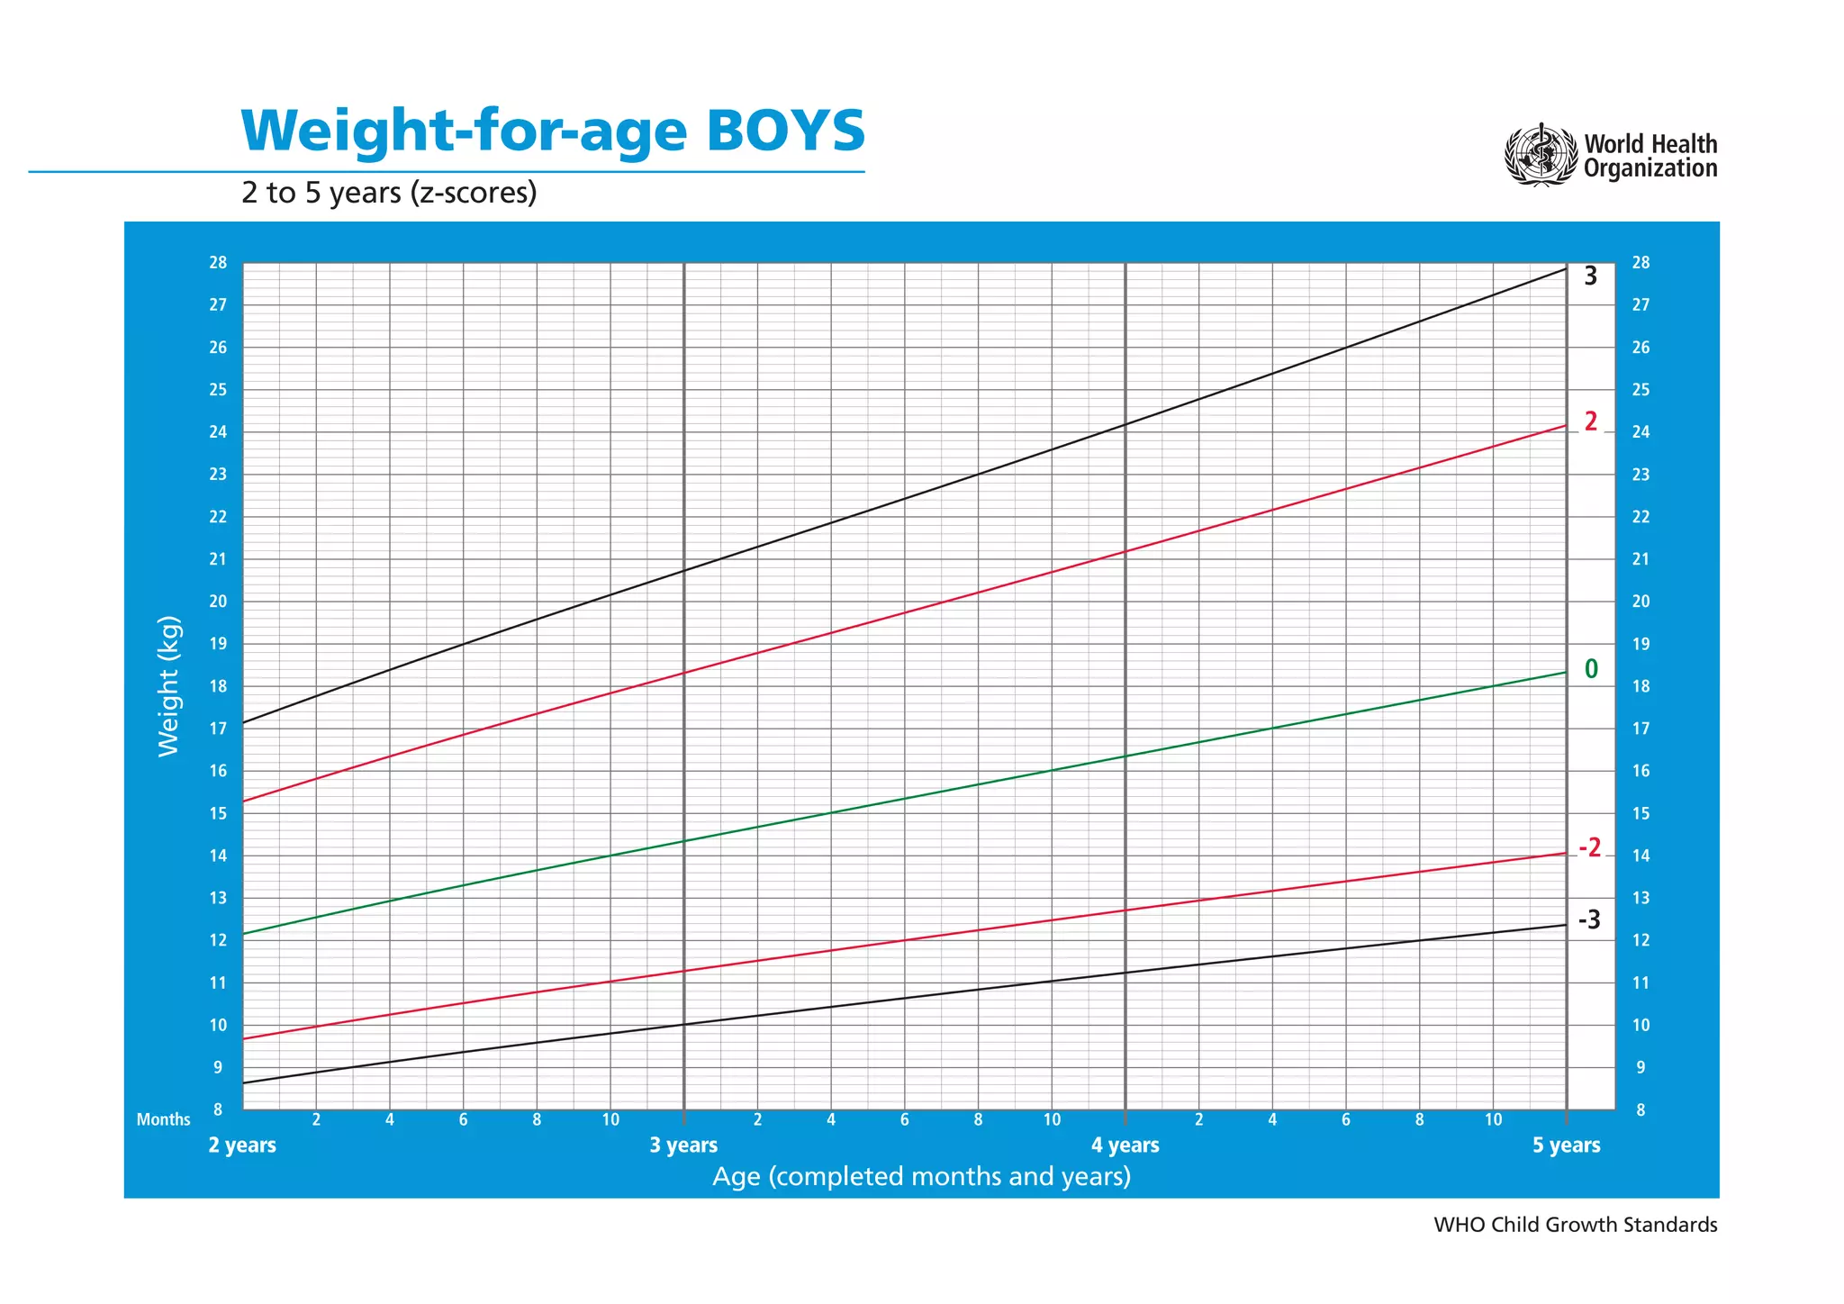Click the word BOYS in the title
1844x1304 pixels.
pos(785,131)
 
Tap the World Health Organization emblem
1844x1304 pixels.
pos(1541,156)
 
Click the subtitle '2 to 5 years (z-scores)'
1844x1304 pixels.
pos(389,193)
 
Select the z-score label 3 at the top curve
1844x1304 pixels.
pos(1590,276)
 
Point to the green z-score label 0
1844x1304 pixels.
pos(1591,669)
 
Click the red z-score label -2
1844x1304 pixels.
pos(1589,847)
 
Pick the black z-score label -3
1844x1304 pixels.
pos(1589,920)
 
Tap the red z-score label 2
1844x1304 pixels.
pos(1591,421)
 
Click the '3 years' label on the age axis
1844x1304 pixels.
pos(683,1146)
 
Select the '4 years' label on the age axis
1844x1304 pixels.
pos(1125,1146)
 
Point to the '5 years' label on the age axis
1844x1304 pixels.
pos(1566,1146)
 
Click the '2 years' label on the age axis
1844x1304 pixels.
pos(242,1146)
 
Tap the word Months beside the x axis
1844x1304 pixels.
pos(163,1120)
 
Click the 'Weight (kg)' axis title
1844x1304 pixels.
pos(168,686)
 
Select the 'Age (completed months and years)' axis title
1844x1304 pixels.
pos(921,1177)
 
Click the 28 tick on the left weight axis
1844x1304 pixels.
pos(218,263)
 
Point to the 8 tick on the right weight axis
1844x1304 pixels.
pos(1641,1110)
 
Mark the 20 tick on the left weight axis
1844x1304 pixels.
pos(218,602)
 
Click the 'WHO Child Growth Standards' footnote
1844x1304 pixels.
pos(1575,1225)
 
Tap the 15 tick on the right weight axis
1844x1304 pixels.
pos(1641,813)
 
